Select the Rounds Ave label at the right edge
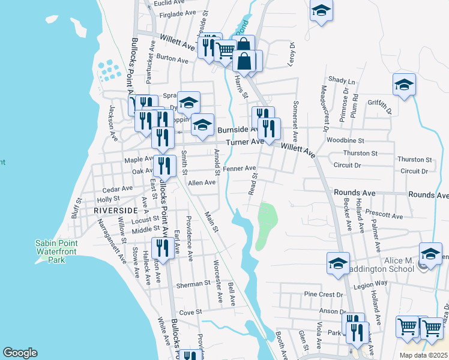click(428, 195)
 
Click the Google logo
click(20, 353)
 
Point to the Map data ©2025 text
click(423, 355)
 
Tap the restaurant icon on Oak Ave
click(163, 166)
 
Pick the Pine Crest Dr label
click(324, 295)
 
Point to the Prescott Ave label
click(387, 215)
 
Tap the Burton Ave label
click(173, 59)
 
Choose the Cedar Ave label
click(117, 188)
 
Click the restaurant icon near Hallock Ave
click(163, 247)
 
